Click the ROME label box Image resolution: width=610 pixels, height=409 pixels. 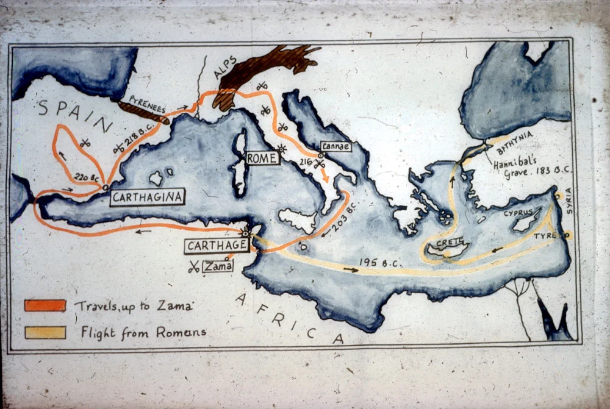pyautogui.click(x=262, y=158)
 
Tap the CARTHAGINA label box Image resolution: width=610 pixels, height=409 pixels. pyautogui.click(x=148, y=197)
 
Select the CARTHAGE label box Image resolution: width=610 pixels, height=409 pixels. pyautogui.click(x=217, y=246)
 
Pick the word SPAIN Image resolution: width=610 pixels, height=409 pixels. pyautogui.click(x=67, y=114)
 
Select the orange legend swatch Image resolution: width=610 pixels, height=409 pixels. pyautogui.click(x=45, y=305)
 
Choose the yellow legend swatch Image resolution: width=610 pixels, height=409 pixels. pyautogui.click(x=45, y=332)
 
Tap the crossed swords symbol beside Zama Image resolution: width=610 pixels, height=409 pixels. pyautogui.click(x=194, y=266)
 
